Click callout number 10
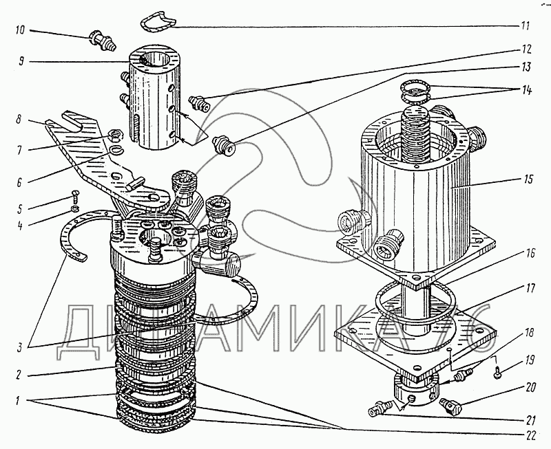pyautogui.click(x=19, y=30)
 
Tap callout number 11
pyautogui.click(x=526, y=28)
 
